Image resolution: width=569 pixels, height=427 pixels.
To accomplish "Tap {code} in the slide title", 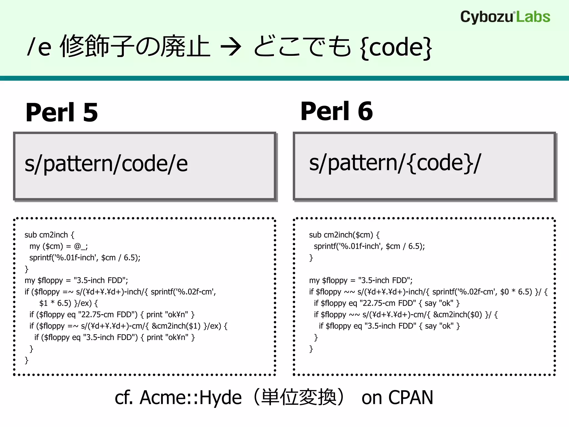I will point(396,47).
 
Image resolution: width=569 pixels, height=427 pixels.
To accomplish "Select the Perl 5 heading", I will point(62,112).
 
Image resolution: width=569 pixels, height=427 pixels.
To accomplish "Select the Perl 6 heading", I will point(336,111).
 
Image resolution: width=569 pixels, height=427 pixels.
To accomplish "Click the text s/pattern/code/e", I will point(106,164).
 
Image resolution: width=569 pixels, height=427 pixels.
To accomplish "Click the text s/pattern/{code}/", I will point(395,163).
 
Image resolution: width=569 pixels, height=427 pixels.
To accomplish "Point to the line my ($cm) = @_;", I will point(58,246).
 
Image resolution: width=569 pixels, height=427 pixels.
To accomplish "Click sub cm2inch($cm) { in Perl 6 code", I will point(344,235).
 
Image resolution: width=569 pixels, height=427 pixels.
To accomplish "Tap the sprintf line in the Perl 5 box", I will point(85,258).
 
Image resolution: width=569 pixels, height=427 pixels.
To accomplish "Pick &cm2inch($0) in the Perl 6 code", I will point(457,315).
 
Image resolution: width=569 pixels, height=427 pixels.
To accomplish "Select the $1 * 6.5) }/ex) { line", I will point(68,303).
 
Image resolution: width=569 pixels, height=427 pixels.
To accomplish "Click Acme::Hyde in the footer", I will point(190,398).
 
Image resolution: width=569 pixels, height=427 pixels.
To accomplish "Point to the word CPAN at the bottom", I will point(411,398).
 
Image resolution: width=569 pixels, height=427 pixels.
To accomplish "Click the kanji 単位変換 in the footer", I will point(299,398).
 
